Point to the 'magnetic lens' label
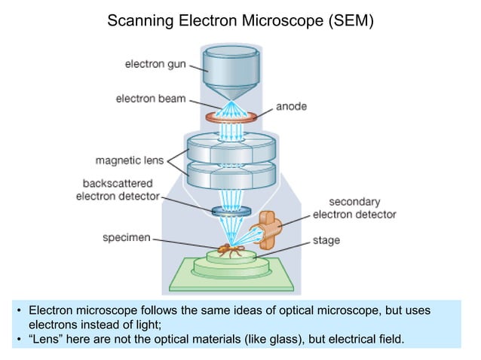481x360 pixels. (130, 160)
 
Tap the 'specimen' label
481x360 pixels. (127, 237)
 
